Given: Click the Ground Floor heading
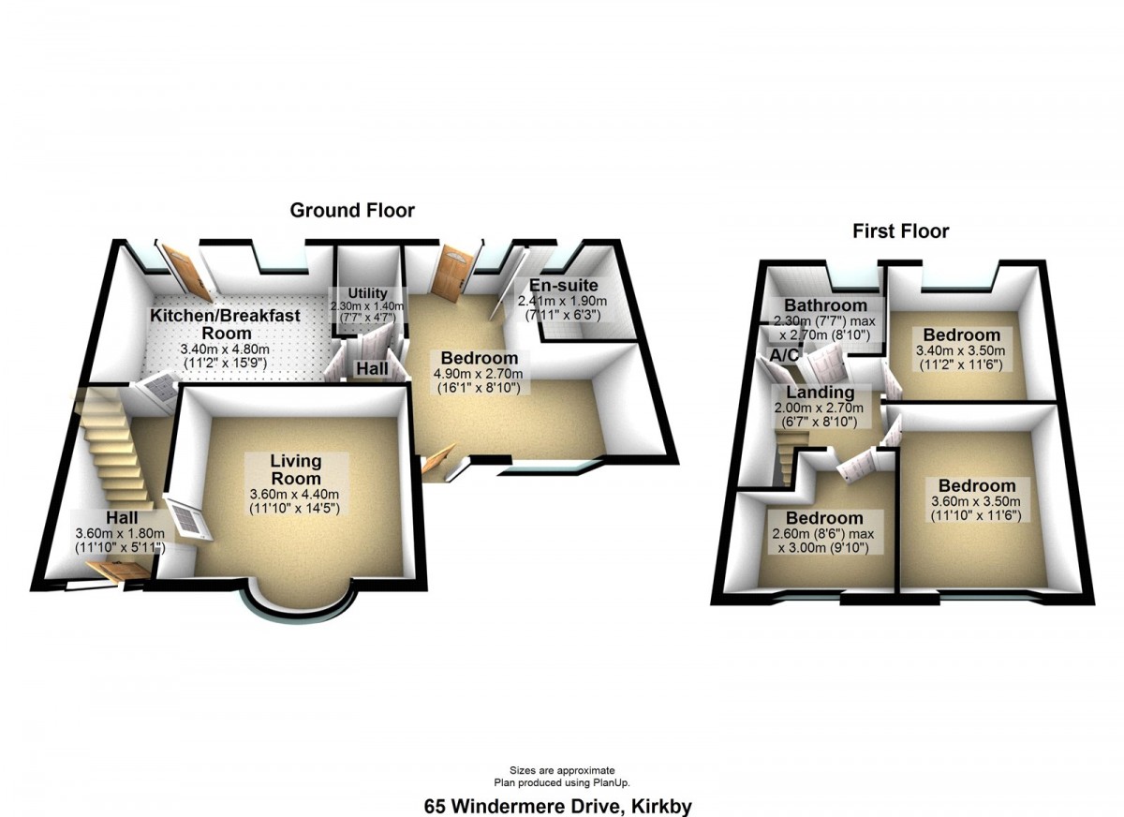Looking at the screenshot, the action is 352,210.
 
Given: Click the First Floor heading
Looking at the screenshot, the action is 901,231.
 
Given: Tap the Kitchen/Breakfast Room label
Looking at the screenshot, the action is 226,324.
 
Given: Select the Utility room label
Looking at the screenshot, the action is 368,293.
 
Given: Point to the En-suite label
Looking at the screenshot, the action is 564,286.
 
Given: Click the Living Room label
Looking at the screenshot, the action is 296,469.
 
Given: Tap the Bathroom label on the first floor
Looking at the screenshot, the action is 825,305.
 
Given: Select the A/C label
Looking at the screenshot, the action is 784,355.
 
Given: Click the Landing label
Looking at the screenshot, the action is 820,392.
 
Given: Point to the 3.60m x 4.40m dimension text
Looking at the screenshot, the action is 294,495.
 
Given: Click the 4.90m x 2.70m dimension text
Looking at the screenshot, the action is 479,374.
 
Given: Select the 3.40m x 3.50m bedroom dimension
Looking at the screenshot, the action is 960,350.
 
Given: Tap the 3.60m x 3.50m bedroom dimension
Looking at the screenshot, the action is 975,501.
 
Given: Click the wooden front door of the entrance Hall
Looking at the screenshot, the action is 118,572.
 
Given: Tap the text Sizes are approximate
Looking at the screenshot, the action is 562,770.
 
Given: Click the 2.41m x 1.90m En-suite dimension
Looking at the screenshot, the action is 562,301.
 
